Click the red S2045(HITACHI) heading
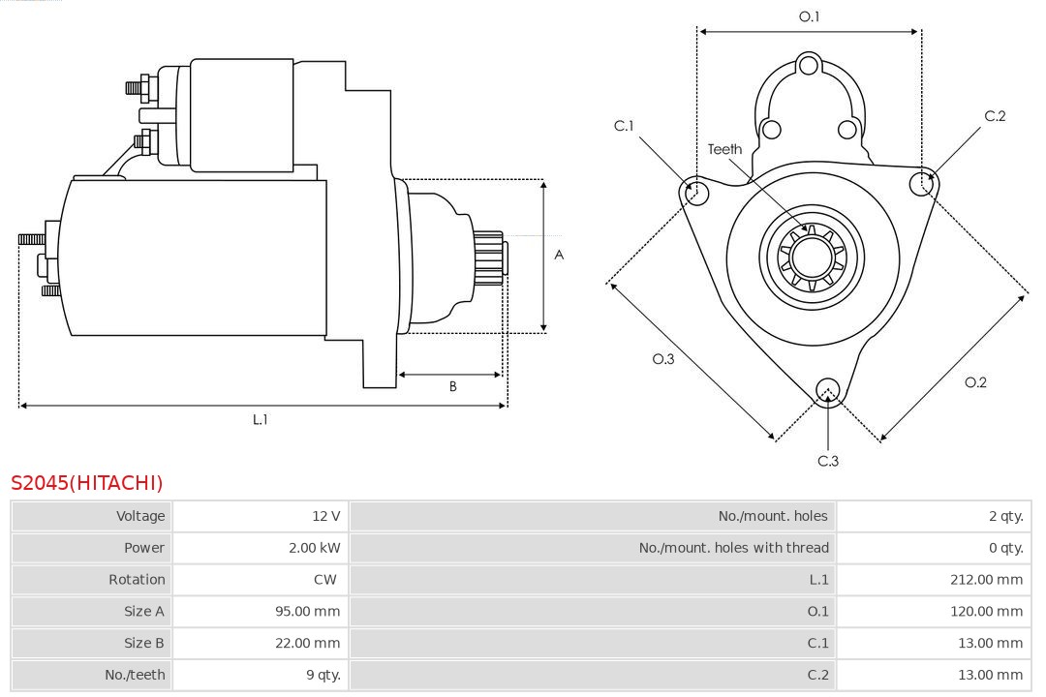(x=87, y=482)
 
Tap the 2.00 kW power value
(x=314, y=548)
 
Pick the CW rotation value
(x=325, y=580)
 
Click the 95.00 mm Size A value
(x=307, y=612)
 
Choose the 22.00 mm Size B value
(x=307, y=643)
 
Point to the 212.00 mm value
(x=986, y=580)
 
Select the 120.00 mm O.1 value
(x=986, y=612)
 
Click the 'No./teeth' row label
(x=135, y=675)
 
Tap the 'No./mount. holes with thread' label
(x=733, y=548)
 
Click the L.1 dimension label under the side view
(x=260, y=419)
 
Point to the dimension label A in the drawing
(x=559, y=256)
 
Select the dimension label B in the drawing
(x=452, y=387)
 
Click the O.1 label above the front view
(x=809, y=16)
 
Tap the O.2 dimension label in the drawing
(x=975, y=382)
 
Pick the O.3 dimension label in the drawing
(x=662, y=359)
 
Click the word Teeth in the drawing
(x=724, y=149)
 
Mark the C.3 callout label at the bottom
(x=828, y=461)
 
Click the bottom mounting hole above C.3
(x=827, y=390)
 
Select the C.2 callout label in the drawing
(x=995, y=116)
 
